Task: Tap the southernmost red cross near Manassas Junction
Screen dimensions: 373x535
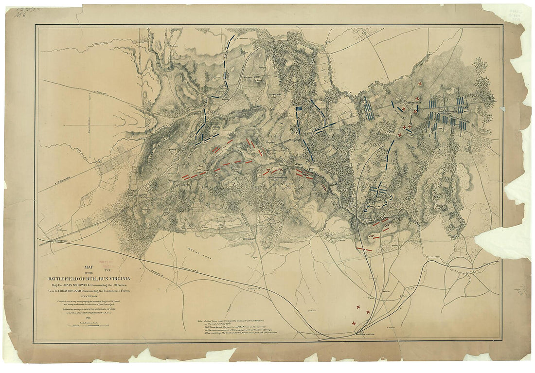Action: (354, 323)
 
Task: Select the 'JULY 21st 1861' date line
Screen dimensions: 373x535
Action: (90, 296)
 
